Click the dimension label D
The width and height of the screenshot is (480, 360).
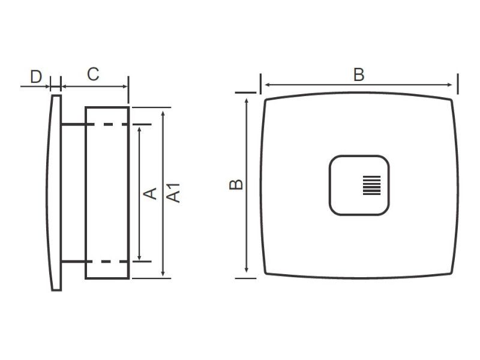(x=36, y=76)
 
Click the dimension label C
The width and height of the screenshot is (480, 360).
(x=93, y=74)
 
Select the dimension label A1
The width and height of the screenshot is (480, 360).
(x=174, y=193)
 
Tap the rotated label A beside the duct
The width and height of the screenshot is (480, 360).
(x=151, y=193)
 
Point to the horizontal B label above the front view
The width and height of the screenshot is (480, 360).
(x=359, y=75)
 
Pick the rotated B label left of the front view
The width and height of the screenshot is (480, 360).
(x=237, y=184)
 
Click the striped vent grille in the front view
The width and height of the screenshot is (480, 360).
(x=371, y=185)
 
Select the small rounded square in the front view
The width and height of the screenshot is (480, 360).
(x=359, y=185)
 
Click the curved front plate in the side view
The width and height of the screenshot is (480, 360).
(x=55, y=192)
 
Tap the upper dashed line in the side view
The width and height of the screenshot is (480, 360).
(x=108, y=125)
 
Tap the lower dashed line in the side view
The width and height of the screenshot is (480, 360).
(x=108, y=262)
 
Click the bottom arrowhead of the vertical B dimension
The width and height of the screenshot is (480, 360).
(x=247, y=273)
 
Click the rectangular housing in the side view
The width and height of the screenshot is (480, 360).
(x=107, y=192)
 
